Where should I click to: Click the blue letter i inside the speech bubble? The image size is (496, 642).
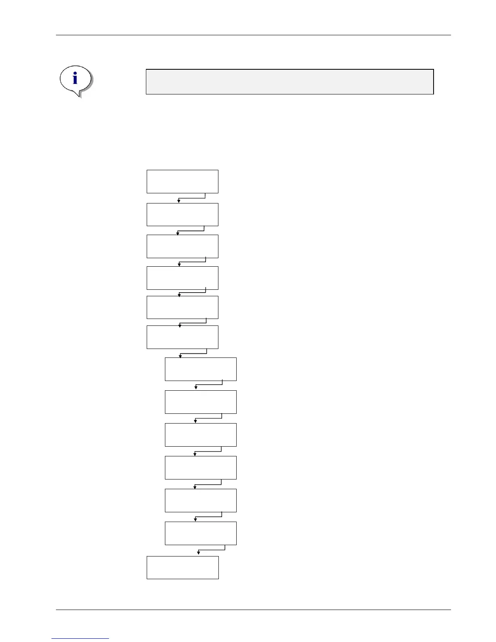point(75,79)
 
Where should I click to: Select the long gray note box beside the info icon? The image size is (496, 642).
point(290,82)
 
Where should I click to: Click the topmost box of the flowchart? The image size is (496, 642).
point(182,182)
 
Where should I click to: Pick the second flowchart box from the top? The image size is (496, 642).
point(182,214)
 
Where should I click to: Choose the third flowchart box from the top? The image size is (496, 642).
point(182,246)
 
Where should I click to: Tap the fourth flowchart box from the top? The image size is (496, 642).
point(182,278)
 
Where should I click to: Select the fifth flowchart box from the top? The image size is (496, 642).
point(182,307)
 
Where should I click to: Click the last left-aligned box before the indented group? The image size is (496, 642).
point(182,337)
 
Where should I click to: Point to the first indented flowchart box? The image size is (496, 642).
point(201,369)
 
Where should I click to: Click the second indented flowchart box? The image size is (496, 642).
point(201,402)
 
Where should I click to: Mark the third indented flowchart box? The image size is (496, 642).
point(201,435)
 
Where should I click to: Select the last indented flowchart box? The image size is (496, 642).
point(201,533)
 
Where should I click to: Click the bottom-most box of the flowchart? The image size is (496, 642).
point(182,567)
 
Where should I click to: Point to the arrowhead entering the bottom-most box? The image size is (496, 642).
point(199,553)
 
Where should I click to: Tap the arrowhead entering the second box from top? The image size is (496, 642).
point(179,201)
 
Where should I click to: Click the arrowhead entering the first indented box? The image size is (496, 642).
point(180,356)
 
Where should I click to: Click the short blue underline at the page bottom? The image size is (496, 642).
point(80,638)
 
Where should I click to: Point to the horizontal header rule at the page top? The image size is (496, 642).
point(253,35)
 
